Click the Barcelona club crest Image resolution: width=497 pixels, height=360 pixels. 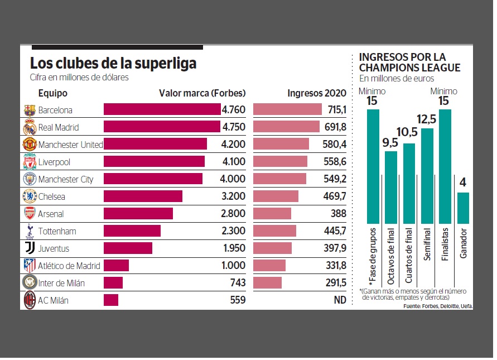[x=29, y=110]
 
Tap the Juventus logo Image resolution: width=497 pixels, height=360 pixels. [x=29, y=248]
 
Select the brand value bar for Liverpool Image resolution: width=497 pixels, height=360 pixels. [x=154, y=162]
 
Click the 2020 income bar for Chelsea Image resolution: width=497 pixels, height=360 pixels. [x=276, y=196]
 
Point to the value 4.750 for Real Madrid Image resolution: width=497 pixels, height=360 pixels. [x=233, y=127]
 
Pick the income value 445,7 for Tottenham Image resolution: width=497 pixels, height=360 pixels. [x=335, y=231]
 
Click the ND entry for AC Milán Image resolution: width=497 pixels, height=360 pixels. [x=340, y=300]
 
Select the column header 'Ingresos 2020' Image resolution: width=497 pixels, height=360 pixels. [x=317, y=93]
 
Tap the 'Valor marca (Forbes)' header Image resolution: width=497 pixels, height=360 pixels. [x=202, y=93]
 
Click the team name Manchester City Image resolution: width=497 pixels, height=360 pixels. [x=66, y=179]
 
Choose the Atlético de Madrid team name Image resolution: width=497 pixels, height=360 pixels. [x=69, y=266]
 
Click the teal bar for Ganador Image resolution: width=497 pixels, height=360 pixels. [x=463, y=208]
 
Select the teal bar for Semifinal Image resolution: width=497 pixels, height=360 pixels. [x=427, y=176]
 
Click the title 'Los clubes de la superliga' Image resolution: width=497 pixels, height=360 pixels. [x=113, y=63]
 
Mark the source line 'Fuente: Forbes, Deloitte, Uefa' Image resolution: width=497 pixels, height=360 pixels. [x=438, y=306]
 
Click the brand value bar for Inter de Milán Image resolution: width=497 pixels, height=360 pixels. [x=113, y=283]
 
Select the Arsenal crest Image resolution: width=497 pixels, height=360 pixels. [x=29, y=214]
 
